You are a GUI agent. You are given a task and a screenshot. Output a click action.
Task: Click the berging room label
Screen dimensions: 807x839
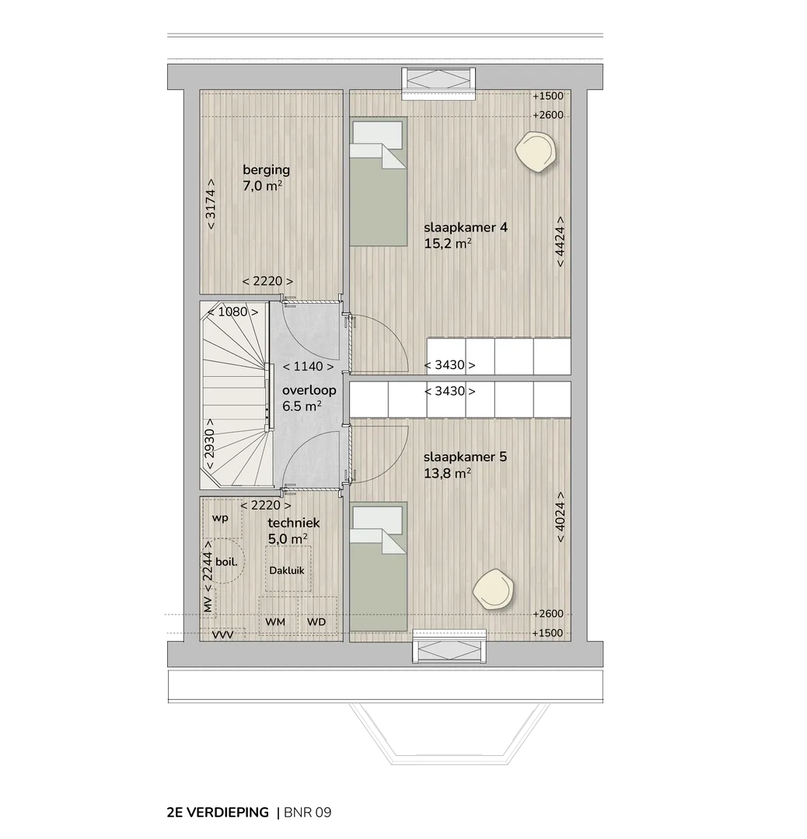[x=266, y=170]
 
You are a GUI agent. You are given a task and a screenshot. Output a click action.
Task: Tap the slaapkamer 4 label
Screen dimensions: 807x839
[x=466, y=228]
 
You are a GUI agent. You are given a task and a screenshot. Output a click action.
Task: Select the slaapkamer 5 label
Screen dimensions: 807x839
[x=465, y=457]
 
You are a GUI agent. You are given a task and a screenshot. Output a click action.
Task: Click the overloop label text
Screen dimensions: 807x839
[x=309, y=390]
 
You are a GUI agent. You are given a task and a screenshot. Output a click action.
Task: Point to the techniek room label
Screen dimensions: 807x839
[x=293, y=523]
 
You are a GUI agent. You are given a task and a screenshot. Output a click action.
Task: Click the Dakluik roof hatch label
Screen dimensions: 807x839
[x=287, y=570]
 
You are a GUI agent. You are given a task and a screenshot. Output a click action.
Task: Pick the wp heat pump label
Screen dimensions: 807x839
[x=220, y=518]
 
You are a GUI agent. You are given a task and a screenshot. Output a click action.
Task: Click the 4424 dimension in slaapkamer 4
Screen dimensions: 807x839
[x=560, y=242]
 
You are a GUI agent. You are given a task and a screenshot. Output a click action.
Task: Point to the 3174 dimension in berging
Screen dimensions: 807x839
[x=211, y=204]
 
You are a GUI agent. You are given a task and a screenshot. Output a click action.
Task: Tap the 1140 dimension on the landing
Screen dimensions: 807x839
[x=309, y=367]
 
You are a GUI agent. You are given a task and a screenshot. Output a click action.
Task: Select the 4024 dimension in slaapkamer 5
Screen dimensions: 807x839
[x=560, y=517]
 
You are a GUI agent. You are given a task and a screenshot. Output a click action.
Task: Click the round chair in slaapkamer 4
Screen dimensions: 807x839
[x=536, y=152]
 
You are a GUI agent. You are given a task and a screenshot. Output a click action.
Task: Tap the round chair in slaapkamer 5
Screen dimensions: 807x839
[x=493, y=589]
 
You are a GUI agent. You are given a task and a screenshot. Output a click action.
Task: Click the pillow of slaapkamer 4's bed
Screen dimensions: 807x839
[x=376, y=134]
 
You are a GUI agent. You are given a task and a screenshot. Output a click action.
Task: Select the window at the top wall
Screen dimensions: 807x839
[x=438, y=83]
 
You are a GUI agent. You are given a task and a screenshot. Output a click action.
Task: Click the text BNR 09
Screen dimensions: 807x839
[x=308, y=813]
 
